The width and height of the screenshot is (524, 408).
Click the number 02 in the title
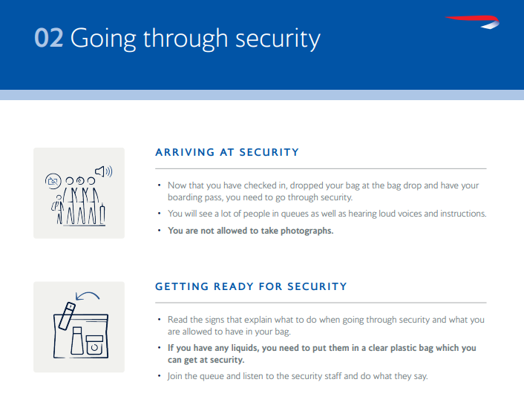[x=48, y=39]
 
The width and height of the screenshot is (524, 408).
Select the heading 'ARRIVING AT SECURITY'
[x=227, y=152]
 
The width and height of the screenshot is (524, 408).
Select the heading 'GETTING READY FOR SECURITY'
[x=251, y=286]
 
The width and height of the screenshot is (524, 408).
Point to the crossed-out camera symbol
[x=53, y=180]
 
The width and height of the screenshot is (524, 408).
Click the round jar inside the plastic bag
[x=94, y=346]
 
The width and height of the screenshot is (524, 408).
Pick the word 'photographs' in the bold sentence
[x=307, y=231]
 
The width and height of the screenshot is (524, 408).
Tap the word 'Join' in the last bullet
[x=177, y=376]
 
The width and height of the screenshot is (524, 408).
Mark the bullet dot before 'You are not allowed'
[x=159, y=231]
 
